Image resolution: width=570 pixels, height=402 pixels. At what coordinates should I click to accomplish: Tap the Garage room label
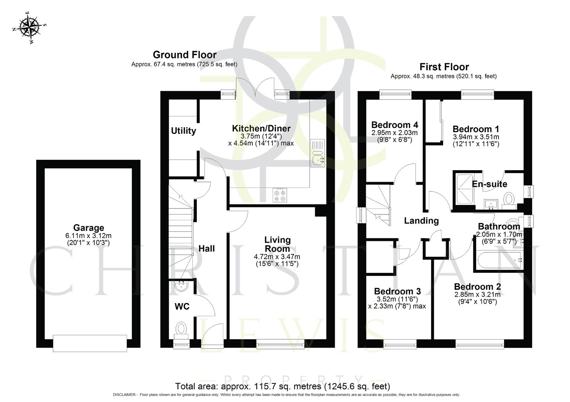[89, 228]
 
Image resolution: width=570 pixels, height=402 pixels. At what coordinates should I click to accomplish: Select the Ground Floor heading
[185, 55]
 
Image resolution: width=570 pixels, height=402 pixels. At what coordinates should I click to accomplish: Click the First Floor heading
[444, 67]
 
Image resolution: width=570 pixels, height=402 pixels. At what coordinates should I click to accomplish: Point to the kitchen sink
[317, 153]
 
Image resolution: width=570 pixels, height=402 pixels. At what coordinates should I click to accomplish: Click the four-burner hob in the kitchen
[280, 195]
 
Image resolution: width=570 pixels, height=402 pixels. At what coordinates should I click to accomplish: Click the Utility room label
[183, 131]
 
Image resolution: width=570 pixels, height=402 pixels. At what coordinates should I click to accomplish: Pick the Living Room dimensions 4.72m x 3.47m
[277, 257]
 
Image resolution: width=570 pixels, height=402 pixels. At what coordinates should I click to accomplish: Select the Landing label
[421, 221]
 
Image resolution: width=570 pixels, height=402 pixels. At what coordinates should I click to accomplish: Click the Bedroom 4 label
[394, 125]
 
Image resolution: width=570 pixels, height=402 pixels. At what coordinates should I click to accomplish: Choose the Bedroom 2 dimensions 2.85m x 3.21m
[477, 295]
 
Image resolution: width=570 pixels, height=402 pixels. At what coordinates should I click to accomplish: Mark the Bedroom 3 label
[397, 291]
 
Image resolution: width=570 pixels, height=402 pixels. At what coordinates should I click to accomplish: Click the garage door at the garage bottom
[90, 343]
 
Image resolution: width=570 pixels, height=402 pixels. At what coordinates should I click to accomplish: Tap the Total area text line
[282, 386]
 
